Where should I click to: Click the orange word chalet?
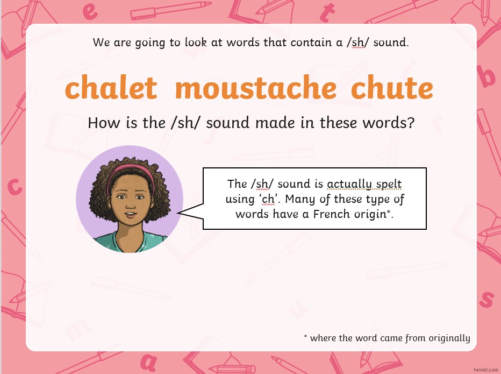click(x=111, y=87)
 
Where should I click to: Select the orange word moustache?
click(x=256, y=87)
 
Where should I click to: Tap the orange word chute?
click(x=392, y=87)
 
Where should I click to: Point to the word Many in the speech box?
click(x=298, y=199)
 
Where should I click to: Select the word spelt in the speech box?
click(x=389, y=184)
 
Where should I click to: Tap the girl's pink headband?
click(x=131, y=174)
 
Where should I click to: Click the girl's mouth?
click(x=131, y=214)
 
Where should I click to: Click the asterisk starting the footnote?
click(x=305, y=336)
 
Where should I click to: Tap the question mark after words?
click(x=411, y=122)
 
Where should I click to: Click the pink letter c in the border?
click(x=15, y=187)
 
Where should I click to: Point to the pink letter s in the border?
click(x=486, y=300)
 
